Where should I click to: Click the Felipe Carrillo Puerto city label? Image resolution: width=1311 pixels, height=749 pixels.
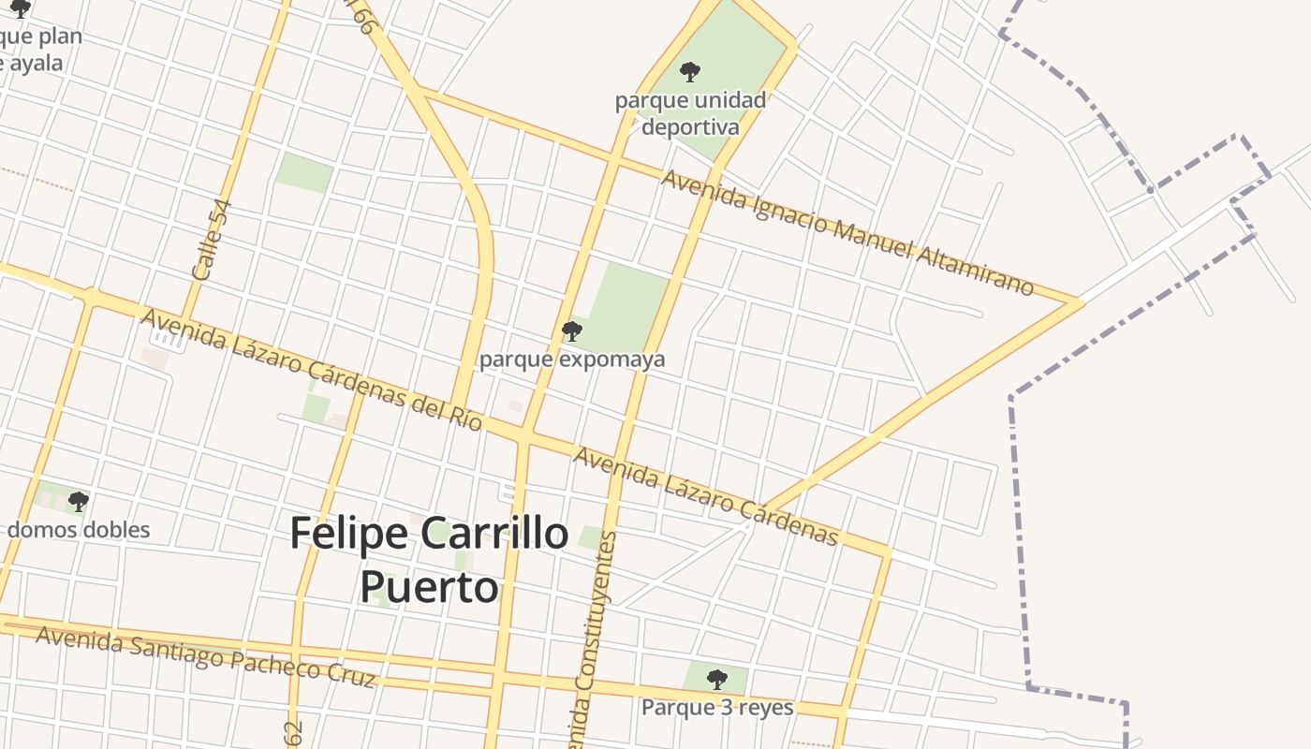coord(429,560)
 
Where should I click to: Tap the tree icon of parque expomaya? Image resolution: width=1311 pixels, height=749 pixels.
coord(571,330)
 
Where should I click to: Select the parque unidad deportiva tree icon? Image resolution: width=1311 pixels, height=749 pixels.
coord(690,71)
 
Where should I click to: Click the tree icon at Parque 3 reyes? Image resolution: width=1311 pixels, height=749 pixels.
coord(716,679)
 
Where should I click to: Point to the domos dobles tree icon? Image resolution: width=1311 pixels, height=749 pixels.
coord(79,502)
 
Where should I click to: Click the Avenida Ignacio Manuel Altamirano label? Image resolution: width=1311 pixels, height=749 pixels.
coord(847,231)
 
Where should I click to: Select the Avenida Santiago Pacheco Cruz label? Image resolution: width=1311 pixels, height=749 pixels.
coord(205,656)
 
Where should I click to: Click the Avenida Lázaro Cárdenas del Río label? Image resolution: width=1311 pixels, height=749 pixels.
coord(311,370)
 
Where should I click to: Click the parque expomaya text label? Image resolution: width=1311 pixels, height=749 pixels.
coord(572,360)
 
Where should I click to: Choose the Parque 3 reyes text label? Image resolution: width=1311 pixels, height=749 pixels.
coord(717,708)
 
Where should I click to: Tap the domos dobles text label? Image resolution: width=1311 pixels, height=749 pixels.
coord(79,530)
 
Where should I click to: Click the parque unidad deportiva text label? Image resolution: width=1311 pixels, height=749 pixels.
coord(690,113)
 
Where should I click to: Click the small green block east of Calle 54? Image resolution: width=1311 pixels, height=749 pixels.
coord(304,172)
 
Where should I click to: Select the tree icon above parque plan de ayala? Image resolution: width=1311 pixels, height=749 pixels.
coord(21,9)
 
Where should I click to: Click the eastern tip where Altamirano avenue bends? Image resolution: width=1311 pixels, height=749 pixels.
coord(1080,302)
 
